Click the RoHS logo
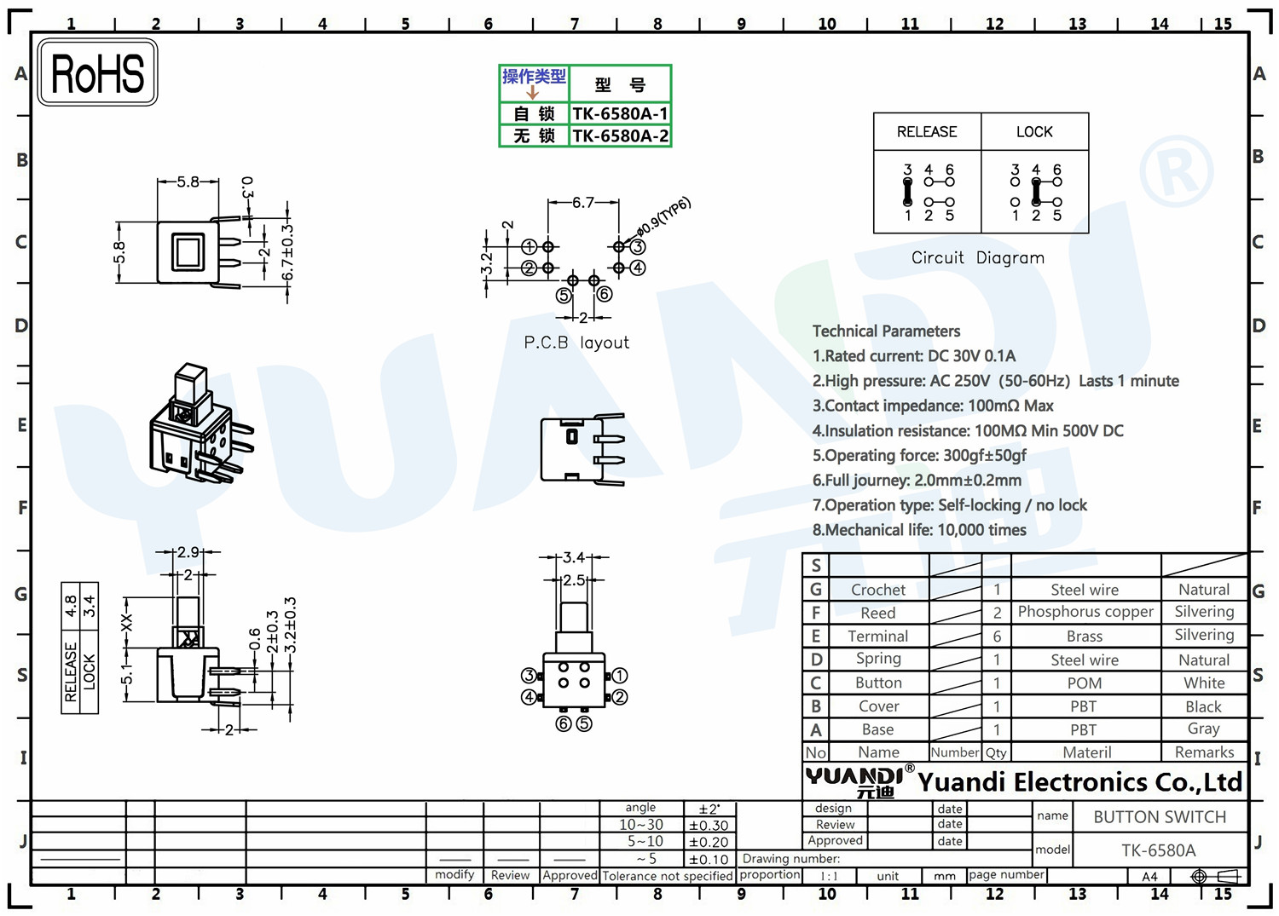[x=98, y=72]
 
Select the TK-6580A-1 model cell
[x=620, y=113]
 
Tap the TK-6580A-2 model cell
[x=620, y=135]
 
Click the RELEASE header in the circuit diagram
[x=927, y=132]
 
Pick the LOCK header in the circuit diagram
[x=1034, y=132]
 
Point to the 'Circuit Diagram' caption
[x=977, y=258]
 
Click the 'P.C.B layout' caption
[x=576, y=343]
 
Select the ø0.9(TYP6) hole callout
[x=663, y=216]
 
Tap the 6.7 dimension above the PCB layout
[x=583, y=203]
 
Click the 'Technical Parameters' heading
[x=886, y=331]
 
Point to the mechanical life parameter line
[x=919, y=530]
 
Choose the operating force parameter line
[x=919, y=455]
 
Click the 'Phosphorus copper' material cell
[x=1085, y=612]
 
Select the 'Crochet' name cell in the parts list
[x=878, y=590]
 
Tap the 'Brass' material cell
[x=1085, y=637]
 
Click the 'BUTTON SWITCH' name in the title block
[x=1160, y=817]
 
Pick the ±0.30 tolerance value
[x=709, y=826]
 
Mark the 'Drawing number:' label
[x=790, y=858]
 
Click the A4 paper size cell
[x=1149, y=877]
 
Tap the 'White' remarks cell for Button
[x=1204, y=683]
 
